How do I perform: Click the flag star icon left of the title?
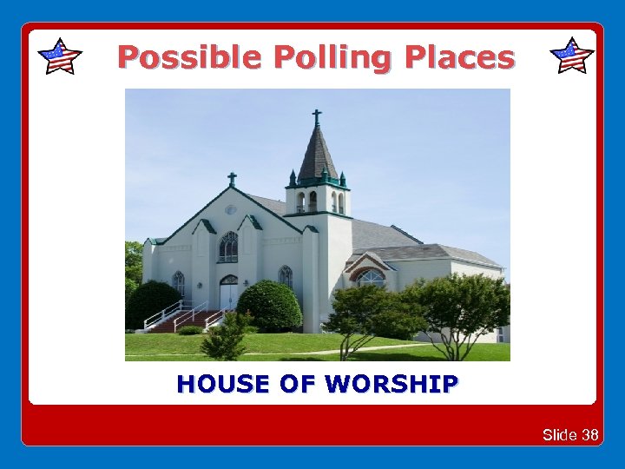click(x=60, y=56)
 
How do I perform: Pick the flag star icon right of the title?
click(x=572, y=56)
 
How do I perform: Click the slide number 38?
click(x=589, y=434)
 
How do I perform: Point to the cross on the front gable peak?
click(x=232, y=179)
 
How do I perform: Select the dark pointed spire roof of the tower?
click(x=318, y=156)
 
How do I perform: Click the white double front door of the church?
click(x=228, y=294)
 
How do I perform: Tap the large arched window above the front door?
click(x=228, y=247)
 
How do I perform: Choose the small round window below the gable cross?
click(x=231, y=209)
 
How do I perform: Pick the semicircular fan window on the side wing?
click(x=371, y=277)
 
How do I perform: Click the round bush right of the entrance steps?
click(x=269, y=306)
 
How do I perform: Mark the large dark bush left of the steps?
click(x=151, y=304)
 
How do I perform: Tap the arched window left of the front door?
click(x=178, y=283)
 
